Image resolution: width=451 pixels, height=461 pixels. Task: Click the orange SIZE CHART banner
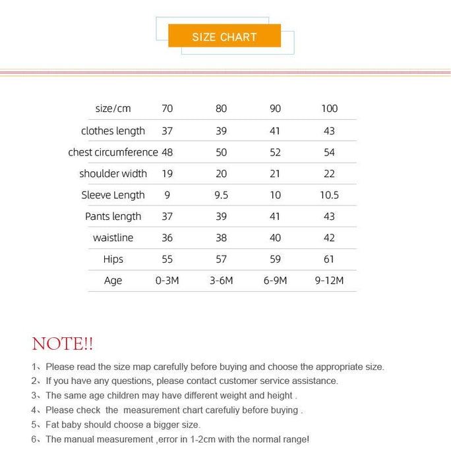click(224, 36)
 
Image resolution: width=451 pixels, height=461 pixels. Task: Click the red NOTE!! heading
click(63, 344)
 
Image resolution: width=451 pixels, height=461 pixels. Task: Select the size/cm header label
click(113, 109)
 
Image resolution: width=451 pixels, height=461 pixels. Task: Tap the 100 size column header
click(329, 109)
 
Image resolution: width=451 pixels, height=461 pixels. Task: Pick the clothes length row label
click(113, 131)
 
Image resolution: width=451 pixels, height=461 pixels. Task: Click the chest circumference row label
click(113, 152)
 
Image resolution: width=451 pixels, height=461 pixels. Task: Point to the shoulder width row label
click(113, 174)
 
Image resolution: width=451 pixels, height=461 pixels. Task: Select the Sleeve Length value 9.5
click(221, 195)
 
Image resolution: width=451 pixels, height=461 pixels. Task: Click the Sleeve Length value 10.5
click(329, 195)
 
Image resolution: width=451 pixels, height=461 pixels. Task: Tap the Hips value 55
click(167, 259)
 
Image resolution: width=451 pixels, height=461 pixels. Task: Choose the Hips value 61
click(329, 259)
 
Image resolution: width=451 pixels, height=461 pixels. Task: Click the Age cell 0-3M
click(167, 281)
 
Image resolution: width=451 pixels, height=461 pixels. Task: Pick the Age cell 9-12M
click(329, 281)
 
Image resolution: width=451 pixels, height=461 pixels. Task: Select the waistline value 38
click(221, 238)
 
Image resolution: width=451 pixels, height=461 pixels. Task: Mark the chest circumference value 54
click(329, 152)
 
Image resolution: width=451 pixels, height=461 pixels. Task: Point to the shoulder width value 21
click(275, 174)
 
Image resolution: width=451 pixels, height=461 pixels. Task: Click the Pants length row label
click(113, 217)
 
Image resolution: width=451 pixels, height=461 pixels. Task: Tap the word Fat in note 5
click(53, 425)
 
